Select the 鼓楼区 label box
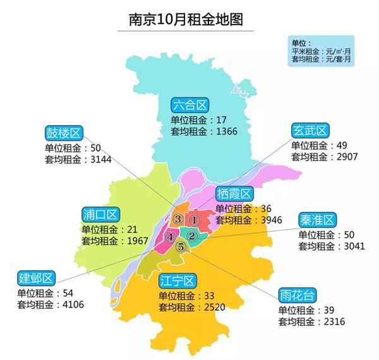point(64,133)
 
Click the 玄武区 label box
point(310,131)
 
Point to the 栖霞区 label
point(234,193)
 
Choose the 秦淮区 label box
point(317,219)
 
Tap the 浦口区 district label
point(100,213)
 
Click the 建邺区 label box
point(37,278)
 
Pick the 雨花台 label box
point(298,295)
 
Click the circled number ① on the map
point(195,220)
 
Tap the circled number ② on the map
point(193,236)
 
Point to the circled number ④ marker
point(170,237)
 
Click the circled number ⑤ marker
point(181,247)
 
